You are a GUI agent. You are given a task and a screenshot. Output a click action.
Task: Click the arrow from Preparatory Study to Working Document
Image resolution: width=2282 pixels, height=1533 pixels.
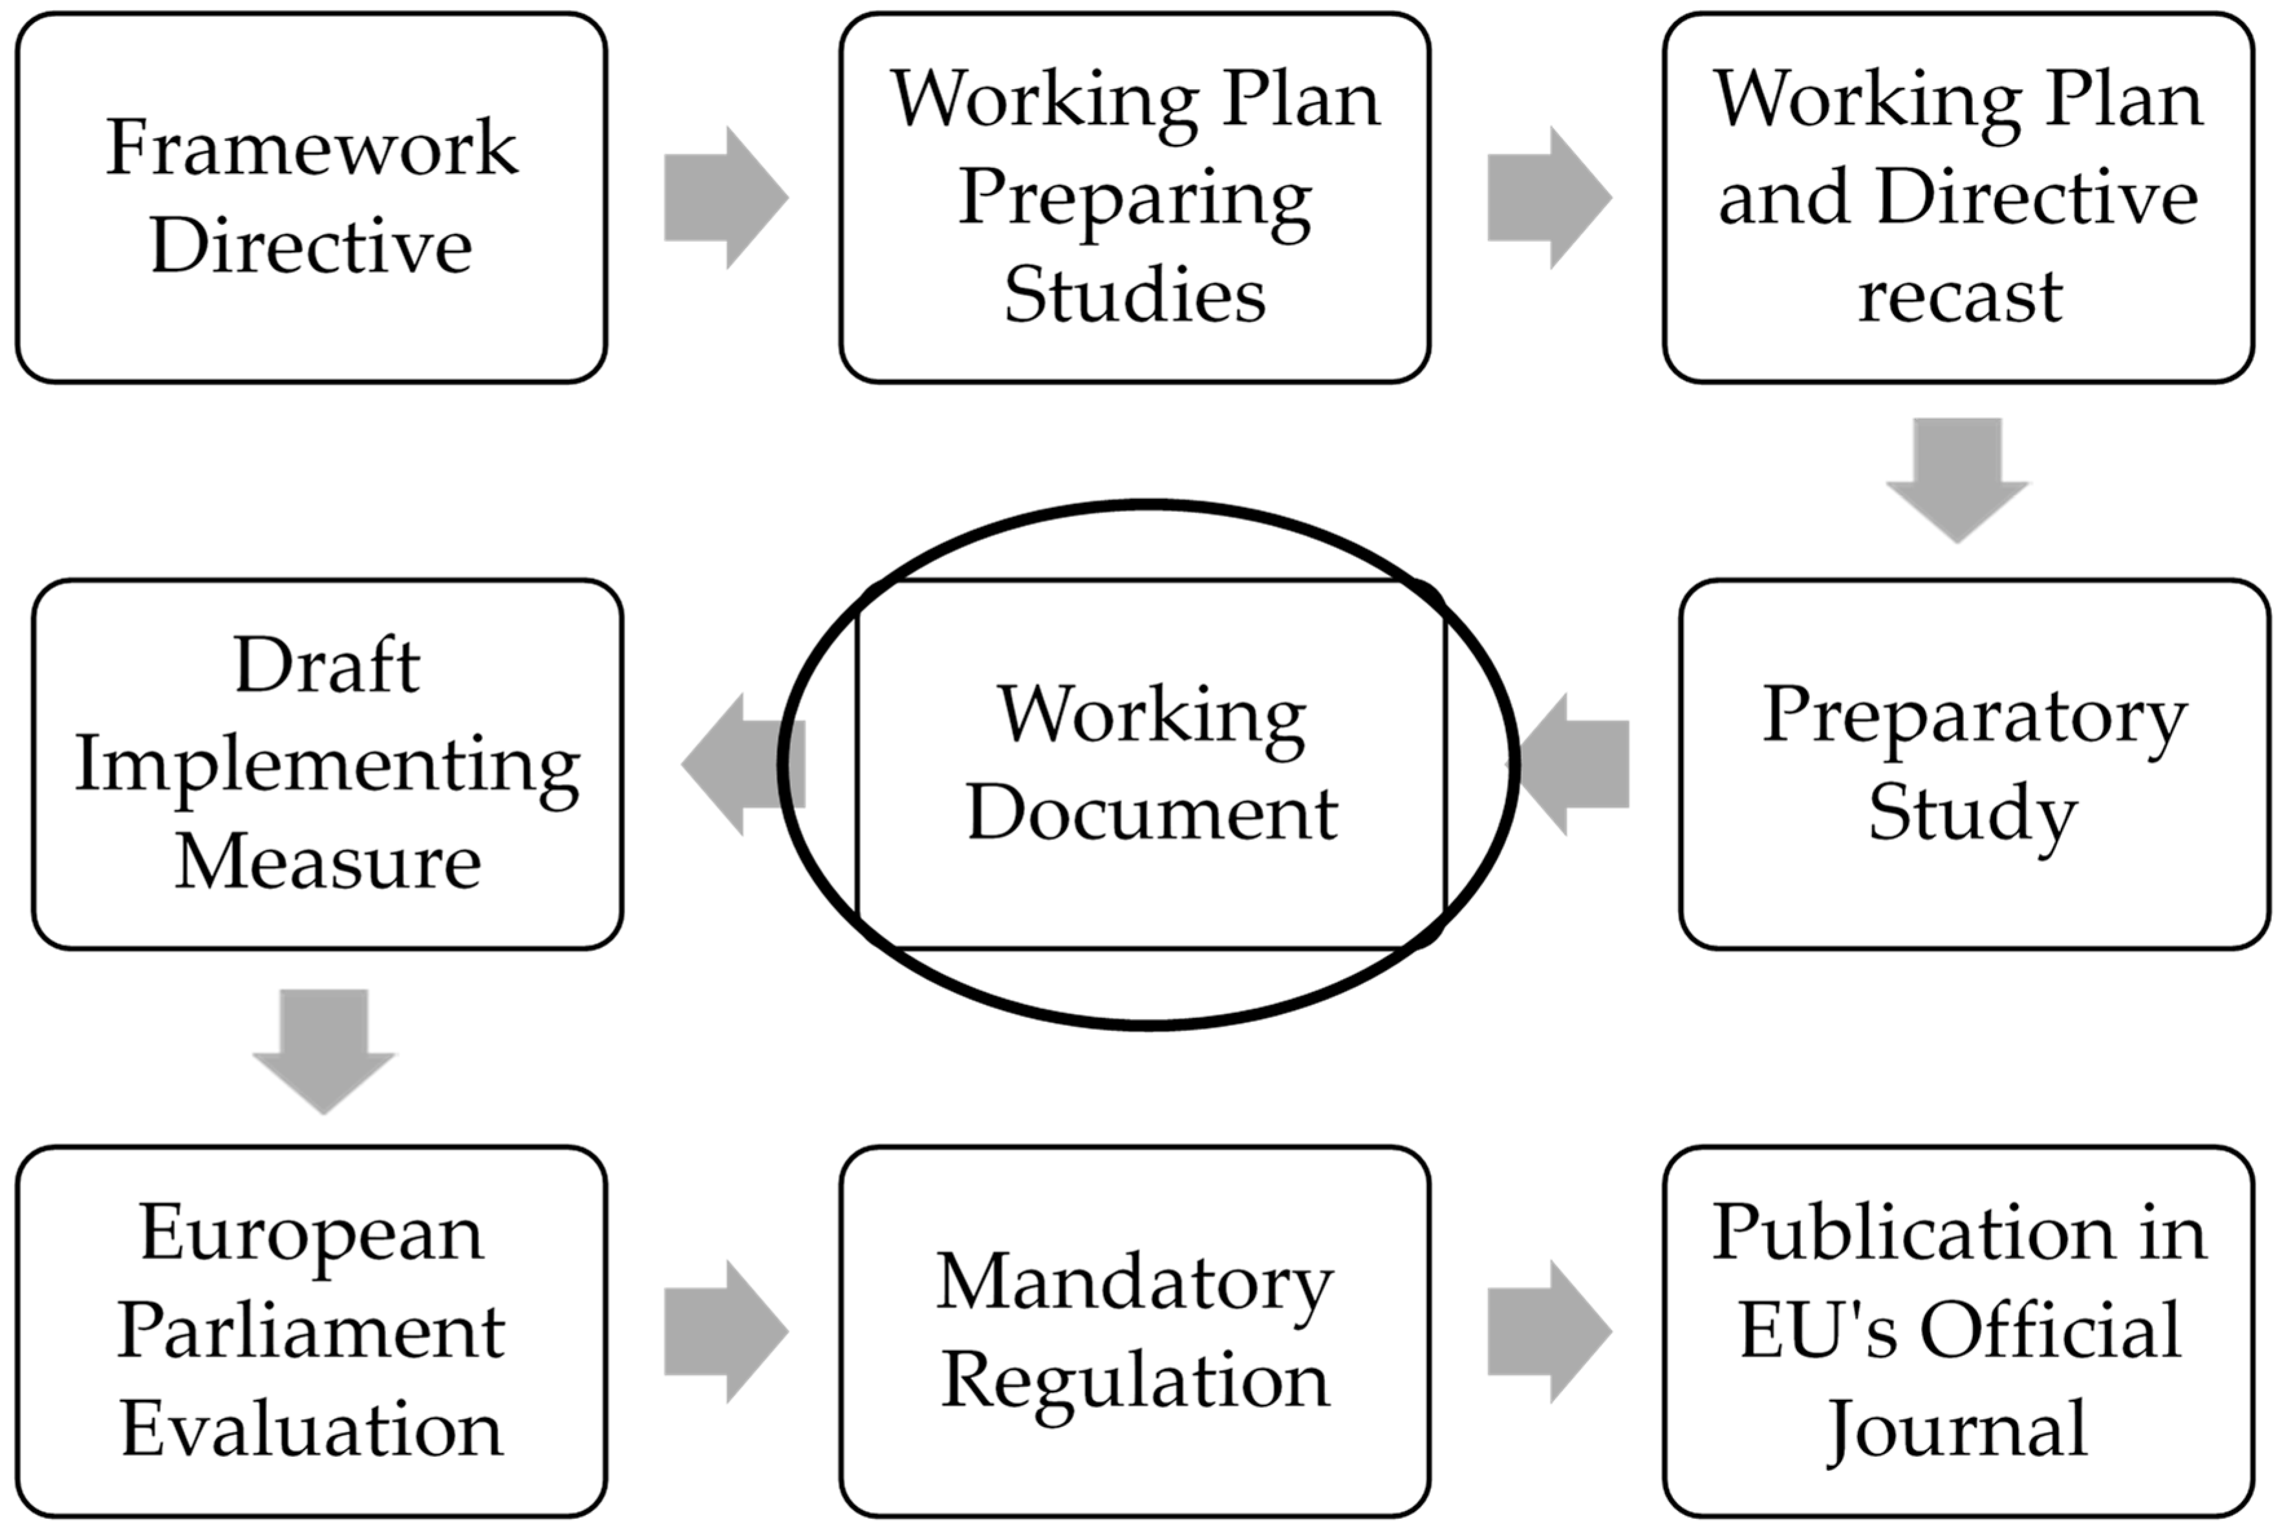pos(1577,765)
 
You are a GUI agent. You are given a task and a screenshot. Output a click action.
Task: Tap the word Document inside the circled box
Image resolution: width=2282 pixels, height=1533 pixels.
pos(1151,814)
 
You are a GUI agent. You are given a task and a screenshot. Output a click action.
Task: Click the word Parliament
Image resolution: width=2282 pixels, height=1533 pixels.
pos(311,1331)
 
